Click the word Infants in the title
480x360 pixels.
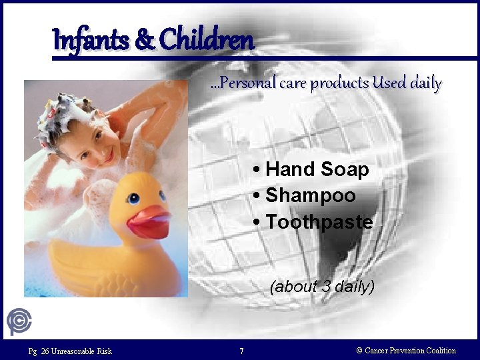point(91,41)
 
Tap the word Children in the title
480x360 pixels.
point(207,39)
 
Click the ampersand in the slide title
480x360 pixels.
point(144,41)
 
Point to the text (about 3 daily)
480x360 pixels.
point(322,287)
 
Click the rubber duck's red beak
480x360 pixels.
point(148,223)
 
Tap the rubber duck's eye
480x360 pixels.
point(133,198)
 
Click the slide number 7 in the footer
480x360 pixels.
point(241,351)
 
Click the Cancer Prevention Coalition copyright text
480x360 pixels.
point(406,351)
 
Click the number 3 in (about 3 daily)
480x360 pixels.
point(326,287)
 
